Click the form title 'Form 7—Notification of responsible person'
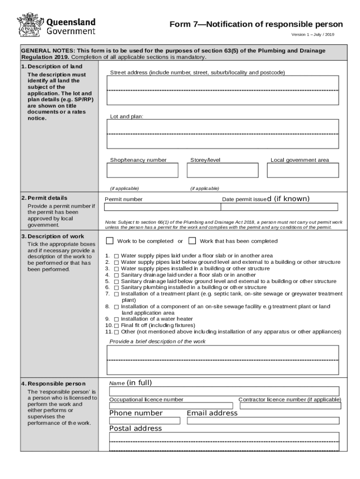256,24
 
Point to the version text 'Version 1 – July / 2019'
313,35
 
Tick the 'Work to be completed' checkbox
110,241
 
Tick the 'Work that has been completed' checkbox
192,241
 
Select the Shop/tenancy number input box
143,170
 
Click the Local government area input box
302,170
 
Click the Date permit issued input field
280,207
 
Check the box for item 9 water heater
116,319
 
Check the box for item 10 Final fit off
116,326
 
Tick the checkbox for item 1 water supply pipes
116,256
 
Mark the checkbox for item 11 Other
116,332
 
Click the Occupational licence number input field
171,406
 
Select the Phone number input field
144,421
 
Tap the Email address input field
263,421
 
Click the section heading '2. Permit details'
44,198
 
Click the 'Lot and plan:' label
127,116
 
